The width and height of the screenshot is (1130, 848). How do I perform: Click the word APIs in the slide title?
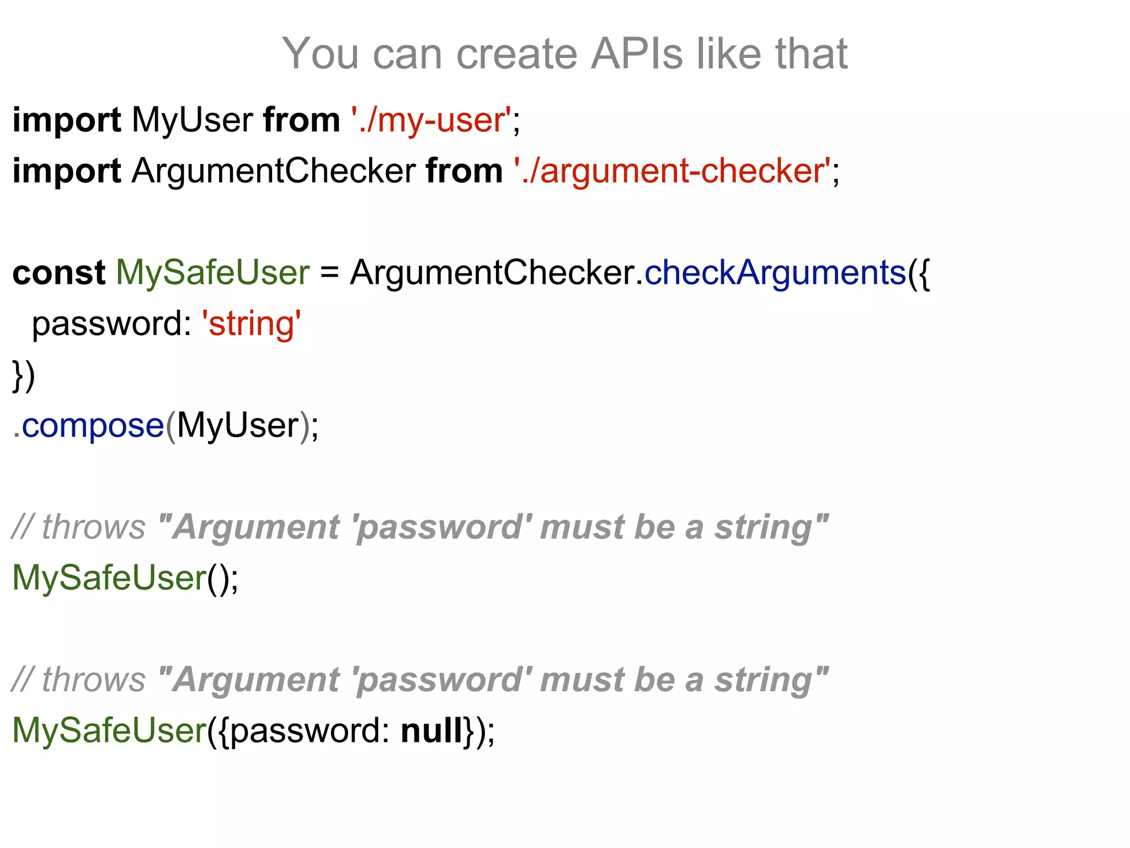click(637, 54)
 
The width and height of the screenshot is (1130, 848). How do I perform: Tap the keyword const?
click(58, 272)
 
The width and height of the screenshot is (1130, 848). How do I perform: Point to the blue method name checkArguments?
click(775, 272)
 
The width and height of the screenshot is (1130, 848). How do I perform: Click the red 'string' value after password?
click(252, 324)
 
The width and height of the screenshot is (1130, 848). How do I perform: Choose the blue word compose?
click(93, 426)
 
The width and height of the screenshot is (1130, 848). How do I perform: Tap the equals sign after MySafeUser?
click(329, 272)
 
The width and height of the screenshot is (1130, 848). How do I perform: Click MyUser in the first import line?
click(192, 120)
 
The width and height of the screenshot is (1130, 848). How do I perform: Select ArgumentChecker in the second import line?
click(273, 171)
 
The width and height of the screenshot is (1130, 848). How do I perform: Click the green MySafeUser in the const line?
click(212, 272)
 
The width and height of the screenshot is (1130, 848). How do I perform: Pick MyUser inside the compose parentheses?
click(237, 426)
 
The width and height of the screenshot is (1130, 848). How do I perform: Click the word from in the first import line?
click(301, 120)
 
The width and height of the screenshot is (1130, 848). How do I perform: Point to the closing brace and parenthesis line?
click(24, 375)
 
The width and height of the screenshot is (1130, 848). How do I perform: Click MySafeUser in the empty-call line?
click(109, 578)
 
